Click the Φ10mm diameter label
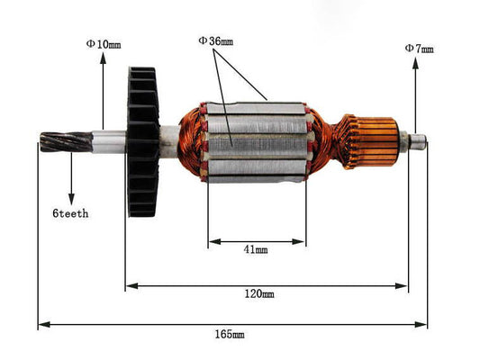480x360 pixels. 103,43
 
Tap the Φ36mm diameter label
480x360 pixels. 215,40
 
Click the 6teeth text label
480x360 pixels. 70,214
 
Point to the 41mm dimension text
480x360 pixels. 257,250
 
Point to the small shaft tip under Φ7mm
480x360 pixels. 417,140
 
